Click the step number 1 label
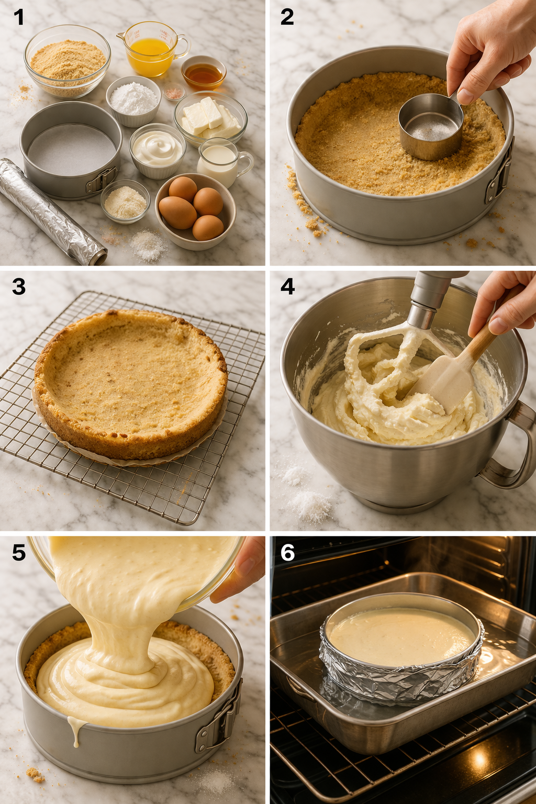pyautogui.click(x=18, y=17)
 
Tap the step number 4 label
pyautogui.click(x=287, y=286)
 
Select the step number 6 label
pyautogui.click(x=287, y=553)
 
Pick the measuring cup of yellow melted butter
pyautogui.click(x=151, y=49)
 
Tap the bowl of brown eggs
pyautogui.click(x=194, y=209)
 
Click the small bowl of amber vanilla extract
pyautogui.click(x=203, y=74)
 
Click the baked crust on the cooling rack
pyautogui.click(x=131, y=382)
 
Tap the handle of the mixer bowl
pyautogui.click(x=510, y=450)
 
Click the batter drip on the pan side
pyautogui.click(x=76, y=730)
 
